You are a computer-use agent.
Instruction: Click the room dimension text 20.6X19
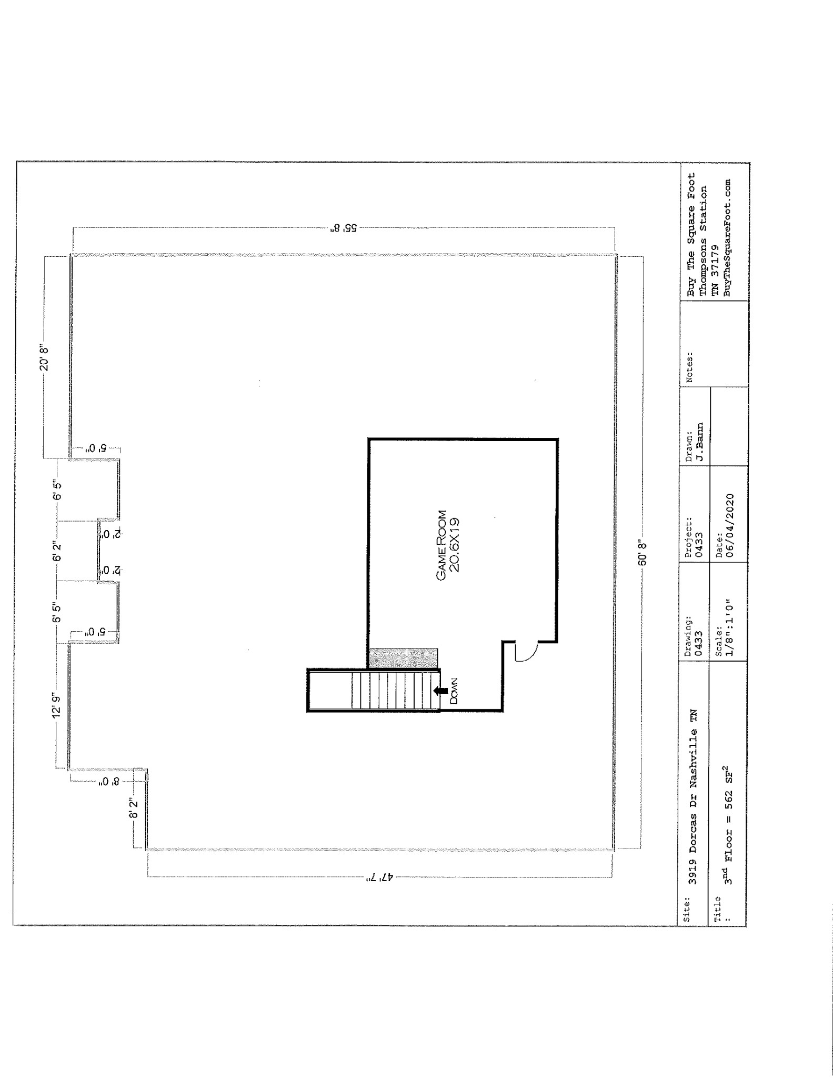tap(456, 545)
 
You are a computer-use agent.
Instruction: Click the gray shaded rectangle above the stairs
tap(404, 658)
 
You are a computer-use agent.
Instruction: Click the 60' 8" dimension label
tap(641, 552)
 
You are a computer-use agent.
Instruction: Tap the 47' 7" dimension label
tap(378, 877)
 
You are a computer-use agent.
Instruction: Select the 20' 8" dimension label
tap(45, 357)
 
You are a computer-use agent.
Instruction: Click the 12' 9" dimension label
tap(57, 705)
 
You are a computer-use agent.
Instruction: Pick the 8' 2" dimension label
tap(134, 807)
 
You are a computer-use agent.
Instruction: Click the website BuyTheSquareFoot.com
tap(727, 238)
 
